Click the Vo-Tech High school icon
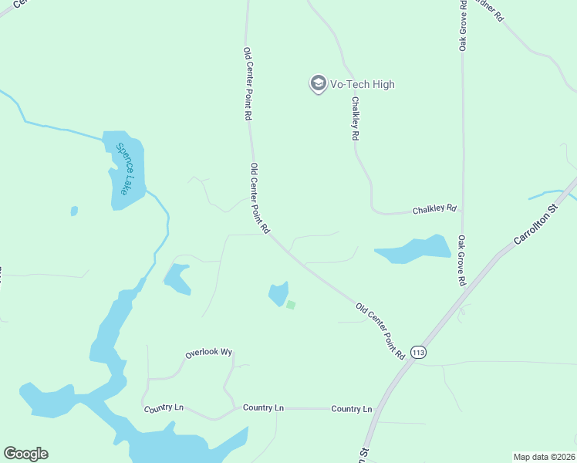tap(318, 84)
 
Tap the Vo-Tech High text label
tap(363, 85)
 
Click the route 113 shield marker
tap(418, 352)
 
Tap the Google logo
tap(25, 454)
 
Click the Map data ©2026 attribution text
tap(544, 457)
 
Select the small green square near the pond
tap(291, 305)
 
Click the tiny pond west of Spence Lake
tap(74, 211)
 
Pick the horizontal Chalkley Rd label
tap(434, 209)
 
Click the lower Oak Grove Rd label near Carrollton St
tap(461, 261)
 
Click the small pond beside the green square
tap(278, 294)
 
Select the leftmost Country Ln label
tap(163, 407)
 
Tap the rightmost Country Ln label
tap(351, 409)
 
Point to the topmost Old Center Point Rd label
tap(248, 83)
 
